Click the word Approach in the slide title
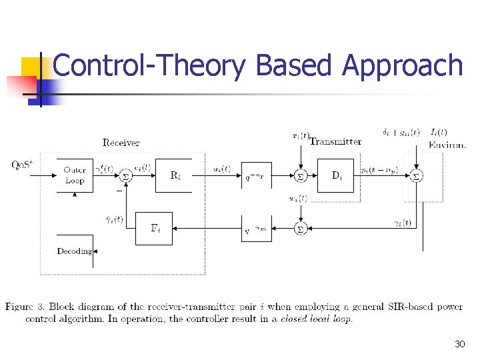point(401,66)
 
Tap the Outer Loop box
point(75,175)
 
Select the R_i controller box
point(173,175)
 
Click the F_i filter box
point(154,229)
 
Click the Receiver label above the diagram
point(121,142)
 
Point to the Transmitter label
point(336,141)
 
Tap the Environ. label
point(447,144)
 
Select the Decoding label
point(74,251)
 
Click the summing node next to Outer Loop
point(125,176)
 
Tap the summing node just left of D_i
point(300,176)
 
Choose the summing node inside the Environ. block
point(416,176)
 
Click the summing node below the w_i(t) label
point(300,229)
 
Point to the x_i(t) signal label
point(301,136)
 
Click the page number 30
point(459,344)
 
